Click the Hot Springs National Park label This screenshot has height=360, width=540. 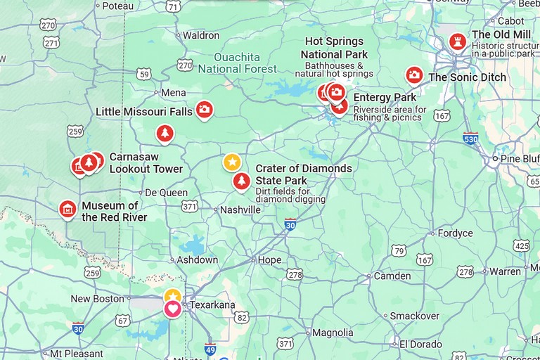pos(334,48)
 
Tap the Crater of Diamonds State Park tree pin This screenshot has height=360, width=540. pos(241,181)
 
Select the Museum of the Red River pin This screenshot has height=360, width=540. pos(67,209)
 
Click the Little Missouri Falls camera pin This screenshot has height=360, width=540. pos(204,109)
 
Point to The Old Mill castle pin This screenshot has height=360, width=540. pos(458,41)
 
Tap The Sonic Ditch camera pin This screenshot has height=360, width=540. pos(414,75)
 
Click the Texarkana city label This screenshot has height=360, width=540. pos(213,305)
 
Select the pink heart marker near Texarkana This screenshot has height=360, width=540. pos(172,308)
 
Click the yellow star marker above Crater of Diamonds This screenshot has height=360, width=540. pos(232,162)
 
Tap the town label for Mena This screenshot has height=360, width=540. pos(174,93)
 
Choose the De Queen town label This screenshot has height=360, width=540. pos(166,193)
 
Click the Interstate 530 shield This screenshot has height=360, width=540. pos(470,139)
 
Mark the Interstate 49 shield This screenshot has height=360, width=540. pos(210,348)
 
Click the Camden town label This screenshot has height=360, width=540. pos(392,276)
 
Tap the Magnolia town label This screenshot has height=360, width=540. pos(333,333)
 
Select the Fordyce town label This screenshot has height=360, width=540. pos(455,233)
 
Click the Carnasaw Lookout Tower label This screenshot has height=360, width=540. pos(146,163)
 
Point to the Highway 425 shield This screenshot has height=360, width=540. pos(521,245)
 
